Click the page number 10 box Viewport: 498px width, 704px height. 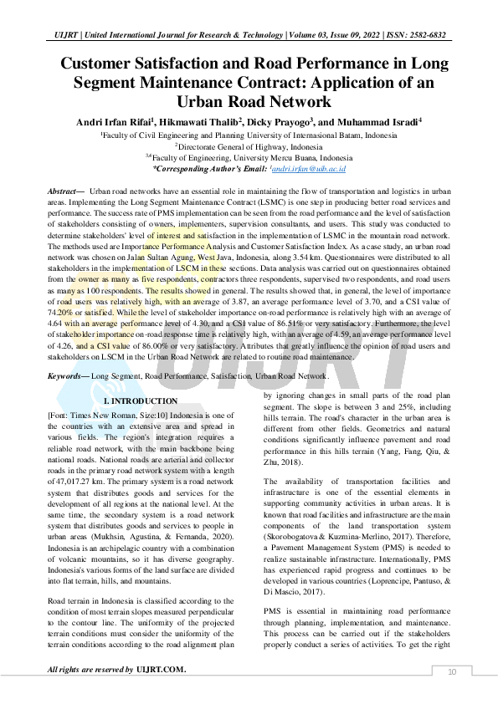tap(452, 671)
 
